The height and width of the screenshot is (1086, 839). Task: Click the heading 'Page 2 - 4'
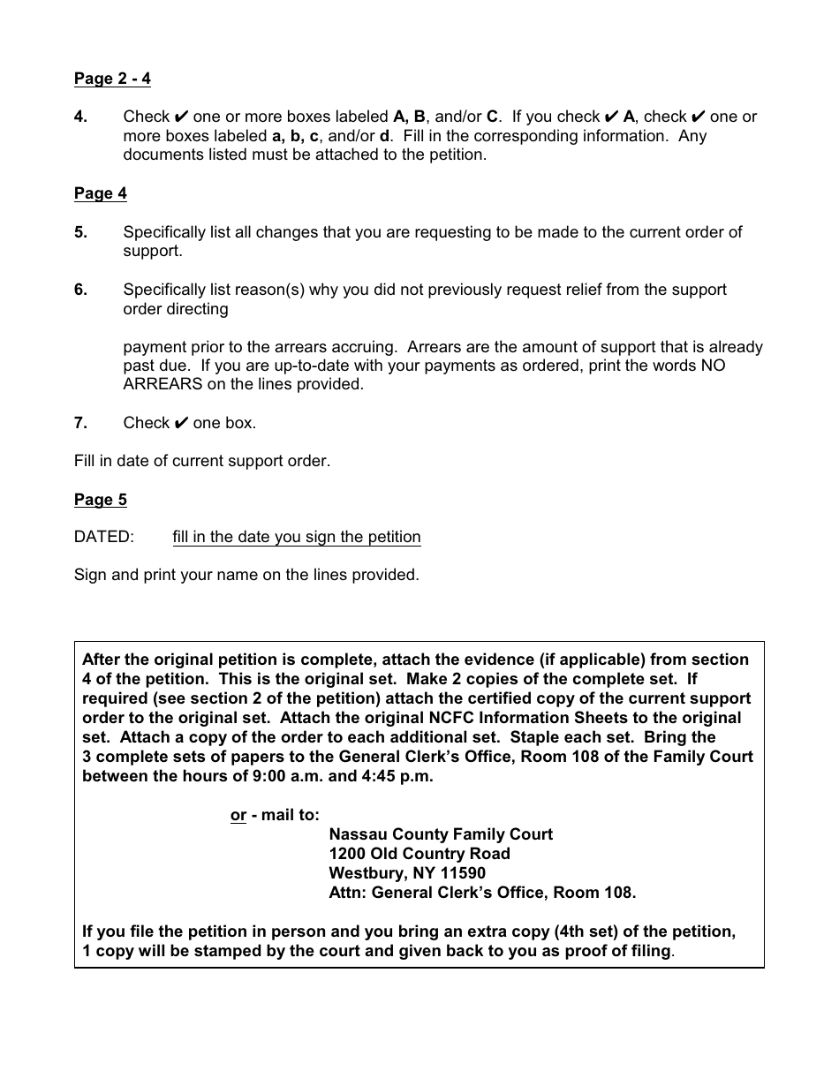[x=112, y=79]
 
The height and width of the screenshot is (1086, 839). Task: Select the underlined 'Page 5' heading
[x=100, y=500]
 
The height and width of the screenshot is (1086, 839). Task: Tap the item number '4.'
[x=80, y=117]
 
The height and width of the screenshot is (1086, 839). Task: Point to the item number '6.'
[x=80, y=290]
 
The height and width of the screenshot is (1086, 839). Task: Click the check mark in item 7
[x=180, y=423]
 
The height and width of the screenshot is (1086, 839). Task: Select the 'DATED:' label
[x=104, y=537]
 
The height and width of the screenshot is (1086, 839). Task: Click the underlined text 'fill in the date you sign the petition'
[x=297, y=537]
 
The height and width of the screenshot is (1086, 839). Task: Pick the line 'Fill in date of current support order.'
[x=202, y=461]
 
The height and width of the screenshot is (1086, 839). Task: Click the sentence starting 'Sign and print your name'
[x=246, y=575]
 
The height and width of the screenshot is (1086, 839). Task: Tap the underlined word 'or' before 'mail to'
[x=238, y=815]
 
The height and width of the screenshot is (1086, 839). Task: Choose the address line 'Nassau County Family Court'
[x=441, y=834]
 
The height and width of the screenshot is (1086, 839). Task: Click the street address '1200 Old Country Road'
[x=419, y=854]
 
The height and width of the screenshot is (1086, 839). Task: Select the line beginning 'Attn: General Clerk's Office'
[x=482, y=893]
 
